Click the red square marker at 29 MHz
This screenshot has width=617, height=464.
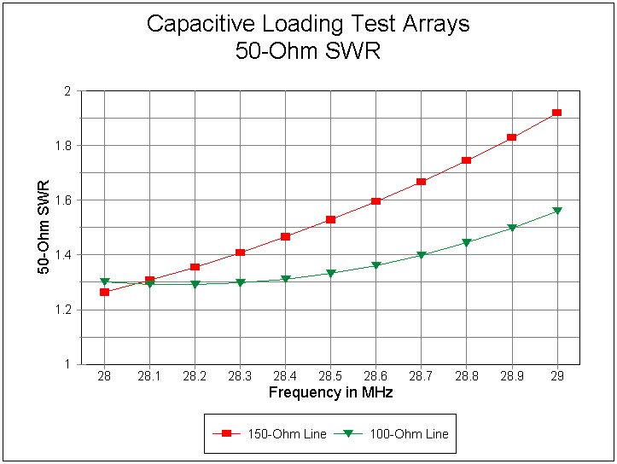coord(556,113)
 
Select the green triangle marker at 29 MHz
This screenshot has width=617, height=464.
coord(556,211)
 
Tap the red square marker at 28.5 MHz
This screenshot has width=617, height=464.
coord(330,220)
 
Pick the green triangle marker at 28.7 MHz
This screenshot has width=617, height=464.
coord(421,255)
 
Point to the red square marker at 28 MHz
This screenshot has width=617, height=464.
coord(104,293)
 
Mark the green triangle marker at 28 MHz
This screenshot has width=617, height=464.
coord(104,281)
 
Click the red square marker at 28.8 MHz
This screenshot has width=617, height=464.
coord(466,160)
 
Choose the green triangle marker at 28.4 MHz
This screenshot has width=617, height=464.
coord(285,279)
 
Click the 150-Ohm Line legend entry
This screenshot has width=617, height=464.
coord(269,434)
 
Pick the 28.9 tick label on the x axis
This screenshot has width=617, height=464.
coord(511,377)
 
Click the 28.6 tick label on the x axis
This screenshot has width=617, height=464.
coord(375,377)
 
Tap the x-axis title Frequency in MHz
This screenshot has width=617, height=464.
coord(330,393)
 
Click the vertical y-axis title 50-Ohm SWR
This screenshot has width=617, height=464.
coord(43,227)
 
